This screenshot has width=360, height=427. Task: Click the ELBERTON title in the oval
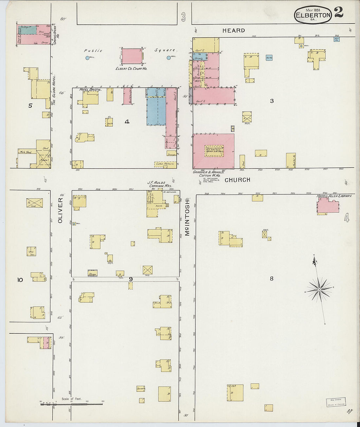[313, 15]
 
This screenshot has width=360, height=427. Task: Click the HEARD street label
[234, 30]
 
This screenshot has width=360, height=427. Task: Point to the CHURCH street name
[237, 180]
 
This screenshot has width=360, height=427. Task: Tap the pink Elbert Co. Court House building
[132, 56]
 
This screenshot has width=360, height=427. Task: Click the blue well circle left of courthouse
[87, 58]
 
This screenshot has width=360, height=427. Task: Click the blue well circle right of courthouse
[169, 58]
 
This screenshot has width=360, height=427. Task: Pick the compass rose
[319, 289]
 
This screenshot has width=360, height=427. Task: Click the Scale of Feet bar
[71, 404]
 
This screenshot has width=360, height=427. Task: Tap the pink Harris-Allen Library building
[328, 206]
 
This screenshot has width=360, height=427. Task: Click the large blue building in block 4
[156, 111]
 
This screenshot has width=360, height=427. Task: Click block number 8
[271, 279]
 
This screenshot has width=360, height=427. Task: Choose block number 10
[20, 280]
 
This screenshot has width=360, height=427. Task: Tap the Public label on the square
[93, 51]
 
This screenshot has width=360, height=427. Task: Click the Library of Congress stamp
[336, 402]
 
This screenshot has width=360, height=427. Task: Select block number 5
[30, 105]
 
